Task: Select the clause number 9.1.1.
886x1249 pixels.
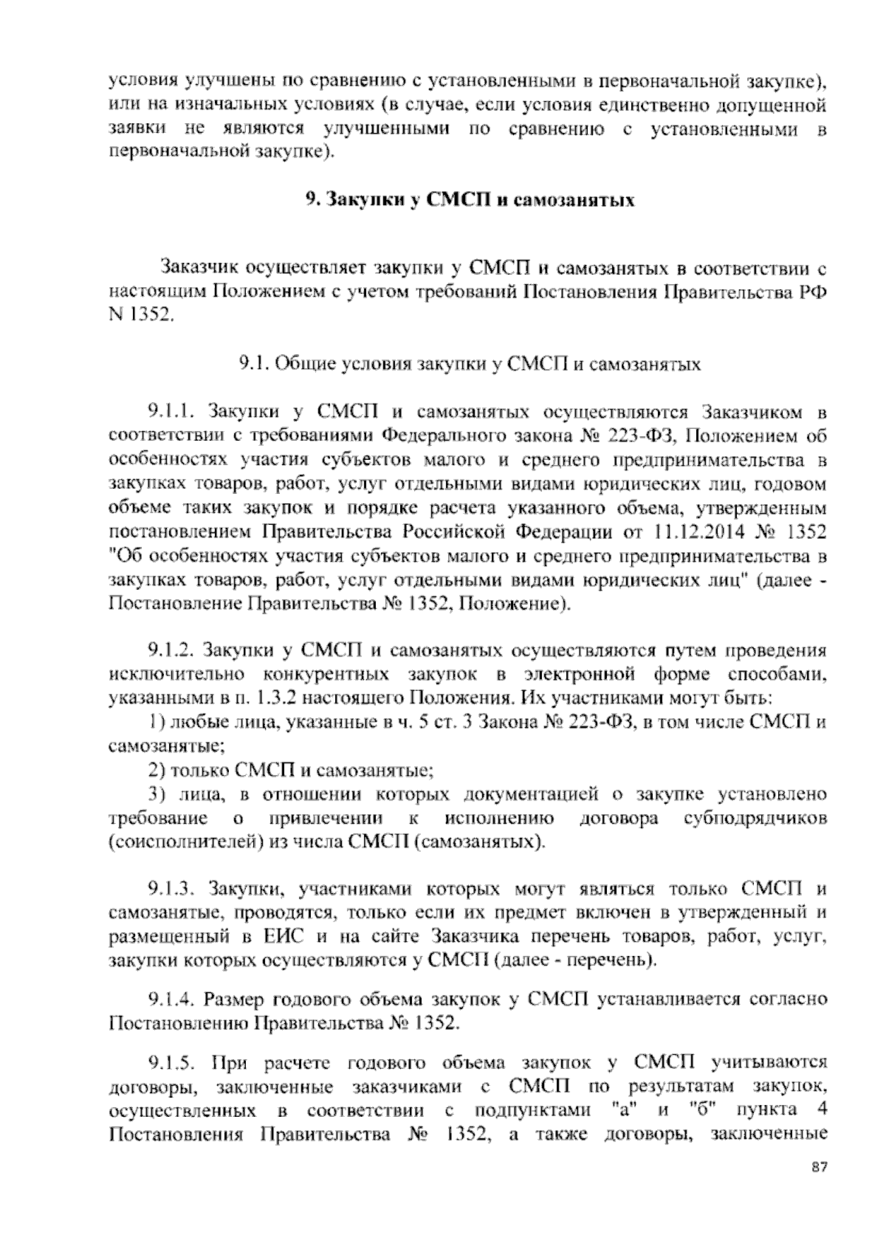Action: point(173,410)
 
